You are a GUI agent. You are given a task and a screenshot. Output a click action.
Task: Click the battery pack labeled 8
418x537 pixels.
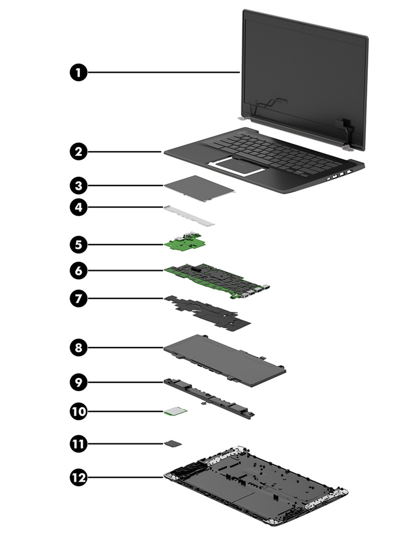pyautogui.click(x=225, y=354)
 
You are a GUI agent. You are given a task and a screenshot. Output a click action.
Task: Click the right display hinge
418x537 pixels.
pyautogui.click(x=345, y=147)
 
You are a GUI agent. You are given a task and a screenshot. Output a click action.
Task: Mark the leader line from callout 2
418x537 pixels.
pyautogui.click(x=123, y=151)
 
